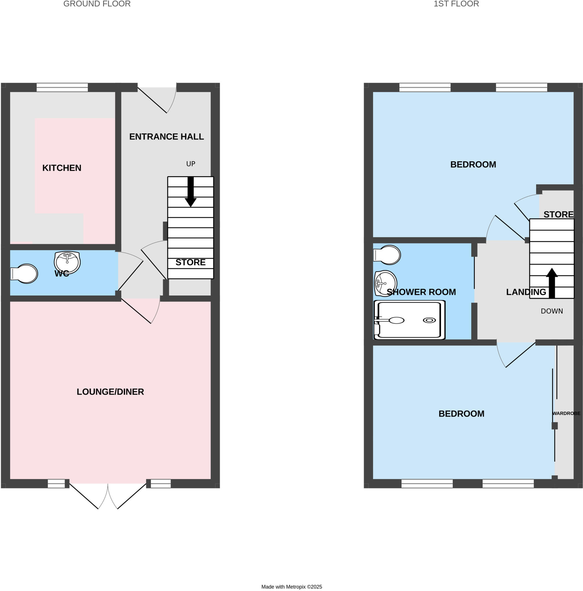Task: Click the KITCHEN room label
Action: pos(62,168)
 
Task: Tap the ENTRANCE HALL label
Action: pos(167,137)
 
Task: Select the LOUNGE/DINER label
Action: pos(110,392)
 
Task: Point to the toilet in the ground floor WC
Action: pos(25,274)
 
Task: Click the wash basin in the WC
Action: pos(67,262)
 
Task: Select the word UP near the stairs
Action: pos(191,164)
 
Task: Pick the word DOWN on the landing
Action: pos(552,311)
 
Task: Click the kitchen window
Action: pos(62,88)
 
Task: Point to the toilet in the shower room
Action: pos(388,255)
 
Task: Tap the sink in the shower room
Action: pos(385,283)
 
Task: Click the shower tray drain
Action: pos(429,320)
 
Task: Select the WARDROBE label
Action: pos(566,414)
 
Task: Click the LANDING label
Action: pos(526,292)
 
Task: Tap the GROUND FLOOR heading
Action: pos(97,4)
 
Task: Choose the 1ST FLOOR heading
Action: pos(456,4)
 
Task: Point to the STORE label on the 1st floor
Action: pos(558,214)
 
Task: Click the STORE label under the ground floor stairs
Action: pos(190,263)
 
